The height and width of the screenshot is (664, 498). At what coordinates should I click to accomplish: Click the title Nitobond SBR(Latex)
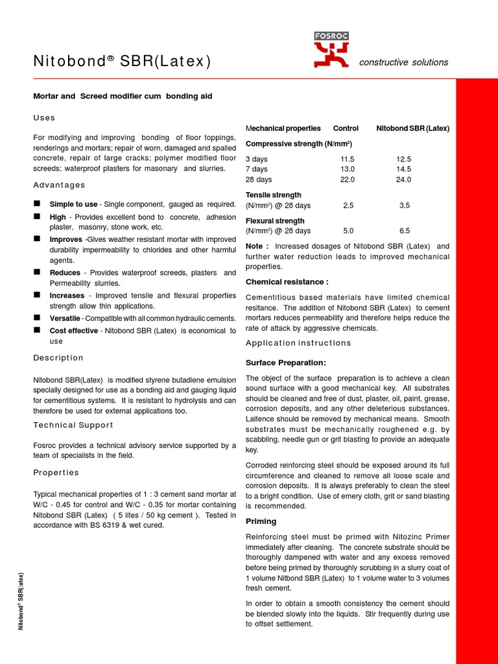click(x=122, y=62)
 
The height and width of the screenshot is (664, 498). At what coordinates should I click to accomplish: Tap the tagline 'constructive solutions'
click(x=403, y=62)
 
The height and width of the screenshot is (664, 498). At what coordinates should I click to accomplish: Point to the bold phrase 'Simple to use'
click(x=74, y=204)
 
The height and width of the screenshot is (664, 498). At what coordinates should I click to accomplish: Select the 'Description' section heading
click(x=58, y=357)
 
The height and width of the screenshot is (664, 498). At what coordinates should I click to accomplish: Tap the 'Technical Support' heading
click(x=73, y=425)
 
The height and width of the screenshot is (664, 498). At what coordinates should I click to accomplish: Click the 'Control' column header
click(x=346, y=128)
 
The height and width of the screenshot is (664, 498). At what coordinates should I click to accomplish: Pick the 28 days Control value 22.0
click(x=348, y=180)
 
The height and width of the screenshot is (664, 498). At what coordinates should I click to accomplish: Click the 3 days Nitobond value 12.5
click(x=404, y=159)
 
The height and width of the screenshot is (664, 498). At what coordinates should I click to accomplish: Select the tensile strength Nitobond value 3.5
click(x=405, y=206)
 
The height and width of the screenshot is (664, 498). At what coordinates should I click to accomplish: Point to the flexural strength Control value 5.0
click(x=348, y=231)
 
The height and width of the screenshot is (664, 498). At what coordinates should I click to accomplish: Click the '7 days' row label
click(x=257, y=169)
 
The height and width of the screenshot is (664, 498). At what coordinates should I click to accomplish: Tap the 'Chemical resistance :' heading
click(x=287, y=282)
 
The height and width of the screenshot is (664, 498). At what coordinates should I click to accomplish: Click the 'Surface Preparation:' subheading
click(x=286, y=362)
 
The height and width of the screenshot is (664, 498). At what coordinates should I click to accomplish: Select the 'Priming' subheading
click(x=261, y=521)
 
